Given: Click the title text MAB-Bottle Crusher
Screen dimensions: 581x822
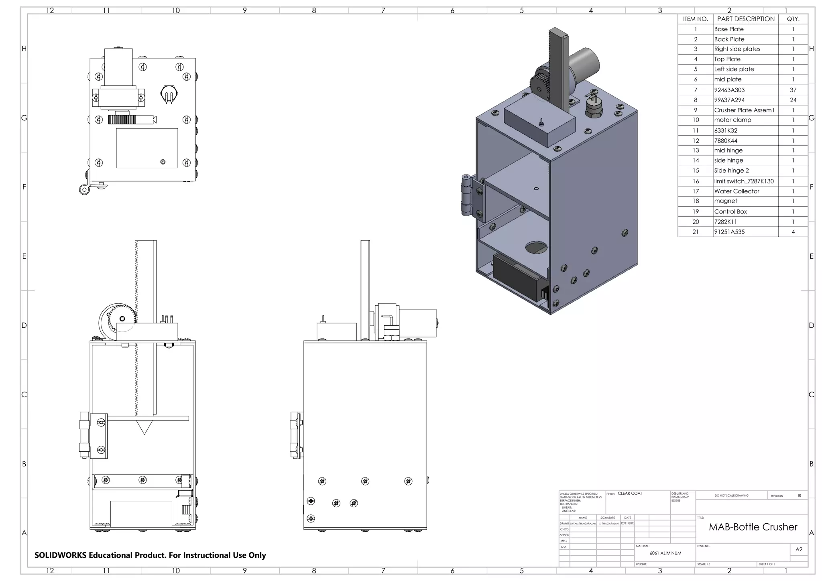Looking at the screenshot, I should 753,527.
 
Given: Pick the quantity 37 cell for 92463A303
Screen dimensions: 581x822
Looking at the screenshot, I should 793,90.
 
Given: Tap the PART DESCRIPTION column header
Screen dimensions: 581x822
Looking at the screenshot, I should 745,19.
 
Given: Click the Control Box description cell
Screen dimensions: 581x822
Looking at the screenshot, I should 730,211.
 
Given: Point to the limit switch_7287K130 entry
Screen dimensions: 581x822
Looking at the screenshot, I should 743,181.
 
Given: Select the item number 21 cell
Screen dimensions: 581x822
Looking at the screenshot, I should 695,232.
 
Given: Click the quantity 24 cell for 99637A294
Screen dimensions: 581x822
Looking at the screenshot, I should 793,100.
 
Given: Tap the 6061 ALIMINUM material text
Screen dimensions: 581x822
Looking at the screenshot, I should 665,553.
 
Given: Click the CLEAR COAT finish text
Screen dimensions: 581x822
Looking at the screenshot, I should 630,494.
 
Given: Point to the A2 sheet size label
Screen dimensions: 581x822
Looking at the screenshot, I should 799,549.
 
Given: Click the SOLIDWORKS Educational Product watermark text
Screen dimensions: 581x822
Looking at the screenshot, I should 150,555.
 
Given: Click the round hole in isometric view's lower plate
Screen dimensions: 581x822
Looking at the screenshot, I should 535,248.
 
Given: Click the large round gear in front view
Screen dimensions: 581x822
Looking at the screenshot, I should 116,319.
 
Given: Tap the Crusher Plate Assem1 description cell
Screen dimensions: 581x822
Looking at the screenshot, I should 744,110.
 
